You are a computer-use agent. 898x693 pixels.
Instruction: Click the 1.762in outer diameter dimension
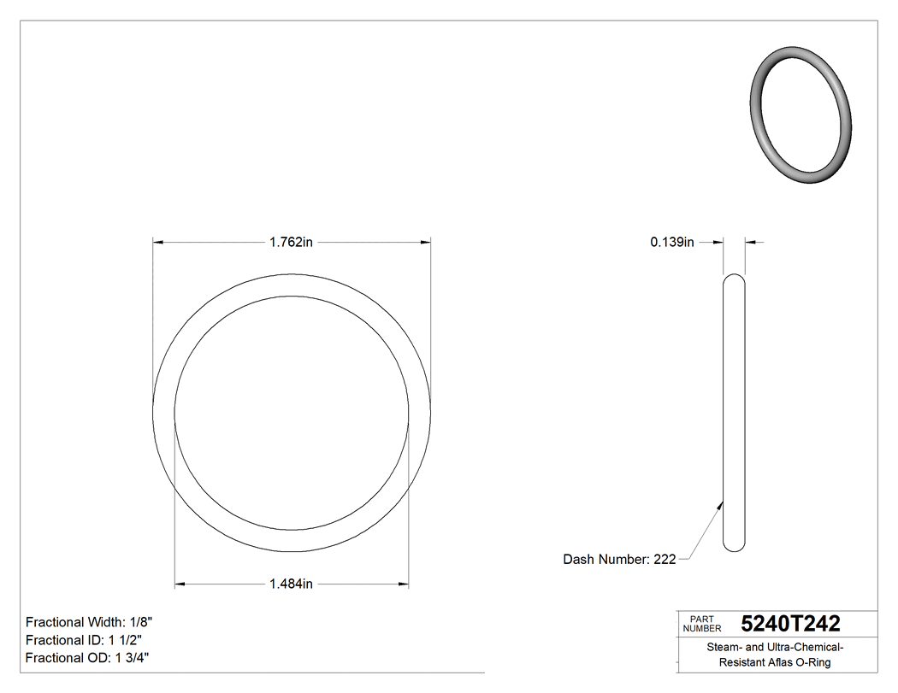tap(291, 243)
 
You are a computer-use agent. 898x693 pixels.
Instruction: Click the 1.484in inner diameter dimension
tap(291, 584)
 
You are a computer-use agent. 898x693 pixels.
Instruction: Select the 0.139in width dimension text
tap(672, 243)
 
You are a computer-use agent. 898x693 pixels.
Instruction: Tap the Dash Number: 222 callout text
tap(619, 560)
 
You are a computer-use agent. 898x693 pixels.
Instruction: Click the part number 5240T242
tap(790, 624)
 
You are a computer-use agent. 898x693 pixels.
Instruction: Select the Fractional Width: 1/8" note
tap(90, 622)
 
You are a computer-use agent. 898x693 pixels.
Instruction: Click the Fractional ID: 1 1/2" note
tap(84, 640)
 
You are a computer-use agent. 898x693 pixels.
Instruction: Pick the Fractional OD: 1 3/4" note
tap(88, 658)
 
